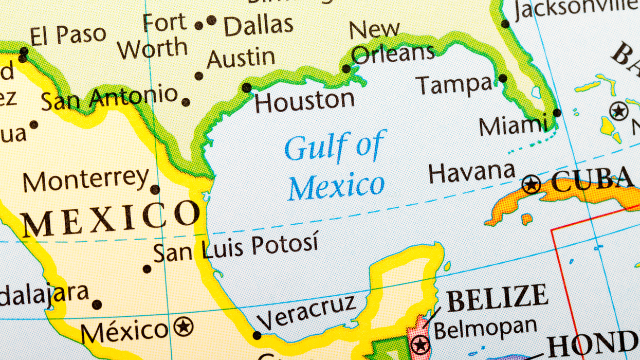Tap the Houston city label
304,102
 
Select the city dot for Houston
247,87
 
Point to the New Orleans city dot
346,68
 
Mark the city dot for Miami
557,113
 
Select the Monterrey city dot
155,189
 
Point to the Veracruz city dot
257,335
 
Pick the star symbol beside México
184,327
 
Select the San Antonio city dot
186,102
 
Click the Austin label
241,59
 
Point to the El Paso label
68,35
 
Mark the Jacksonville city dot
505,24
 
